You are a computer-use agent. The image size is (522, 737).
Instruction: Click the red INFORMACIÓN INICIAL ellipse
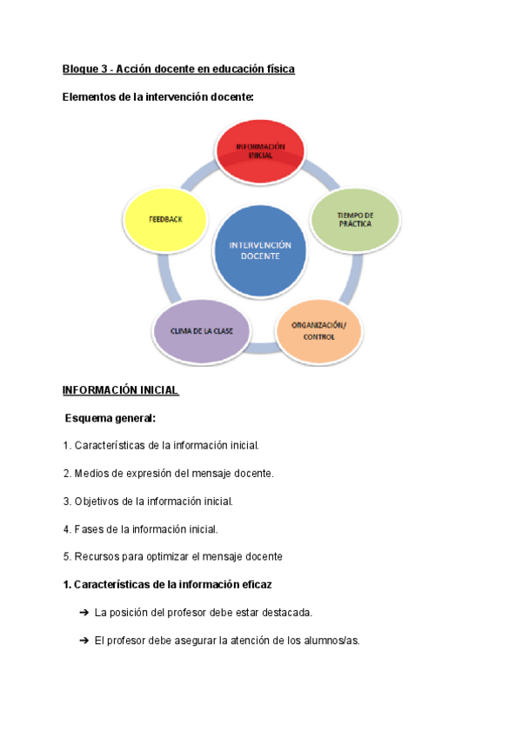pos(259,151)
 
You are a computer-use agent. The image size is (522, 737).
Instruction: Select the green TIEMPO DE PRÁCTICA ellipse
pos(355,219)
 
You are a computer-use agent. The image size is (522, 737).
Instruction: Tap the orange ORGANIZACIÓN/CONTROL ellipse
pos(318,331)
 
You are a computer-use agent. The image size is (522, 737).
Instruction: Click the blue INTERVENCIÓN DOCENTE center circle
pos(260,250)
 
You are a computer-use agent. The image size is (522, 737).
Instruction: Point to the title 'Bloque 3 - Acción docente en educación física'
pos(178,69)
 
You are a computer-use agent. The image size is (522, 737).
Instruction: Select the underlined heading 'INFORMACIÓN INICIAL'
pos(121,390)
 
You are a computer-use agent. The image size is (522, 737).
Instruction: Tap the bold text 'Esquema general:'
pos(110,418)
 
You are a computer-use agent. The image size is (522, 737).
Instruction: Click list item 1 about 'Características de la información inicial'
pos(161,446)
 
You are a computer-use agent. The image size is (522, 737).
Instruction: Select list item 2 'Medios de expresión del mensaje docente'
pos(168,474)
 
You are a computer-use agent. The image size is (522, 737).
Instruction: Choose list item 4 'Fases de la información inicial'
pos(140,528)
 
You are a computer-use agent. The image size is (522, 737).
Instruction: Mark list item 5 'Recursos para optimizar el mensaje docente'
pos(172,556)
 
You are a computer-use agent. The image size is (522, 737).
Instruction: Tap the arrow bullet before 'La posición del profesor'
pos(84,613)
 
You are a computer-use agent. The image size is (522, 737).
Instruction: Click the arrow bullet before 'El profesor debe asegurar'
pos(84,641)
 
